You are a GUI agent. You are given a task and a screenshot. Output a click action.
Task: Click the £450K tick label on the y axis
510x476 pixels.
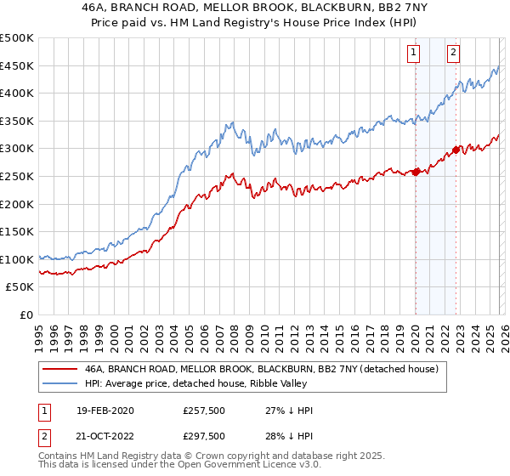17,65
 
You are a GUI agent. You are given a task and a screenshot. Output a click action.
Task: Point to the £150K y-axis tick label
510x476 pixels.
17,231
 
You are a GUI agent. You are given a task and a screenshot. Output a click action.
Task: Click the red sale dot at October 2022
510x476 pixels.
456,150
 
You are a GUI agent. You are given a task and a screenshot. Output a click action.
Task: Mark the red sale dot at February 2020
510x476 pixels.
416,172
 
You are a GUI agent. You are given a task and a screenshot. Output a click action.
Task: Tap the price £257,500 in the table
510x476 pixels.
204,411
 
